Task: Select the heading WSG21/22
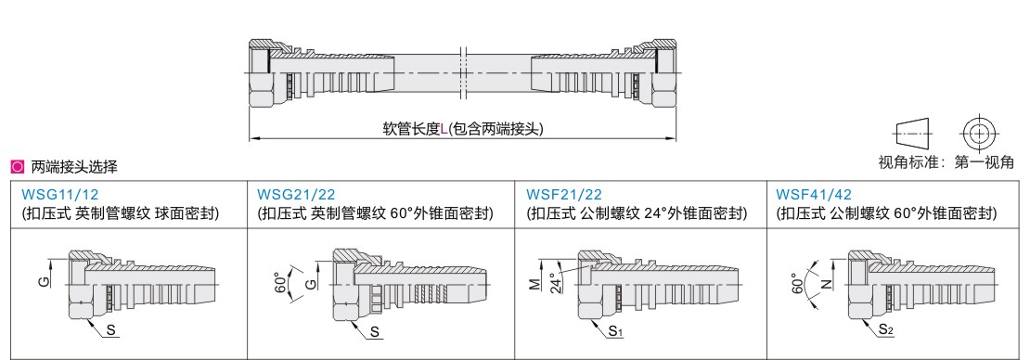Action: click(296, 195)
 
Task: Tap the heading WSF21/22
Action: click(564, 195)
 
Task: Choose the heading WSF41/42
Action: click(814, 195)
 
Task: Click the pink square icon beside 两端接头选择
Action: click(18, 168)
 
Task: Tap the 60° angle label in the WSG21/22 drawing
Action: click(281, 284)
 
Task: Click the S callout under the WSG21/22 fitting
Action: click(375, 332)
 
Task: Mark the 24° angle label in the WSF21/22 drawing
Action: click(555, 282)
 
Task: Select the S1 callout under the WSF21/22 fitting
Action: click(615, 332)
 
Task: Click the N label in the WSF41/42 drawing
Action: click(827, 284)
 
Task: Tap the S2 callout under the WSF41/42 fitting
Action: click(886, 332)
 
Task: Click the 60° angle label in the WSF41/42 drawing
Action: click(797, 284)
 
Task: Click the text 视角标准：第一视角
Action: click(946, 161)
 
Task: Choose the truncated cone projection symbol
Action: click(913, 134)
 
